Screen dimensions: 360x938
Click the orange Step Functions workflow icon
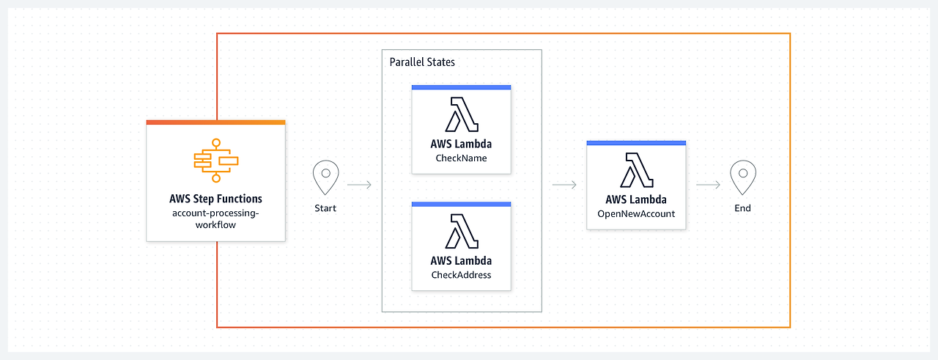click(215, 160)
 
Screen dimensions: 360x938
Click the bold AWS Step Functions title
click(215, 199)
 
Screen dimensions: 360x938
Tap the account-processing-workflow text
click(215, 219)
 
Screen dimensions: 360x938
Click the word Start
click(325, 208)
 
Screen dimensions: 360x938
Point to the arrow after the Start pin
click(359, 185)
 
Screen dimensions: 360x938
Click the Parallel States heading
click(422, 62)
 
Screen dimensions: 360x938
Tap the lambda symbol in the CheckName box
click(461, 114)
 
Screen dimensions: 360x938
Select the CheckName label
click(461, 158)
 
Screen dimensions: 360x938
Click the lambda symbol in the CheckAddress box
click(461, 232)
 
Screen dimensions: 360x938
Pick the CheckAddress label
click(461, 275)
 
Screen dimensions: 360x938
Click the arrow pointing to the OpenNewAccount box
click(564, 185)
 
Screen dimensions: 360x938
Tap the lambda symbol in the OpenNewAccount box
click(636, 171)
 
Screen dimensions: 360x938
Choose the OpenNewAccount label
click(636, 214)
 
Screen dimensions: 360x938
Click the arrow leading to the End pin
click(708, 185)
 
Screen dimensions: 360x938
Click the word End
click(743, 208)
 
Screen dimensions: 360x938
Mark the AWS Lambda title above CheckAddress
click(461, 261)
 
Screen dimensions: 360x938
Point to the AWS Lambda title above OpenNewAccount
click(636, 199)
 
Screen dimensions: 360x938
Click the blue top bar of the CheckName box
click(461, 87)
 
